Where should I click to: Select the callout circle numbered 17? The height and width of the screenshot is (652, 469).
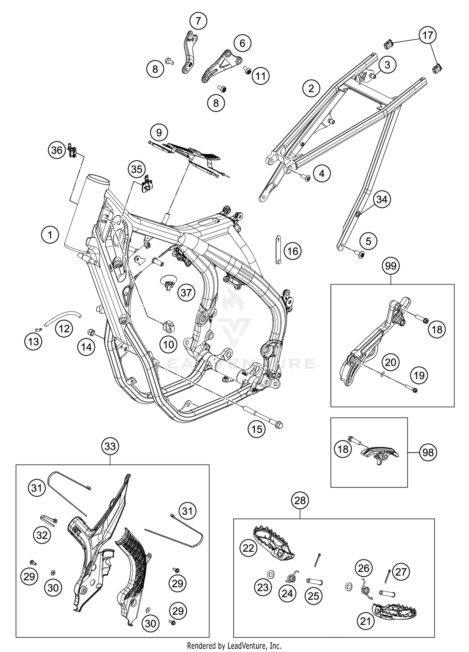coord(428,35)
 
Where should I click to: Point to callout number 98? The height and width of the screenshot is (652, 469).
coord(428,452)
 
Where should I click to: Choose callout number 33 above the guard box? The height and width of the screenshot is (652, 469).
coord(110,446)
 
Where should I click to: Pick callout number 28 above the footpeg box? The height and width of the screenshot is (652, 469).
coord(300,501)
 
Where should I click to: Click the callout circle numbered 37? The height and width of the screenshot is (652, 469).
coord(186,293)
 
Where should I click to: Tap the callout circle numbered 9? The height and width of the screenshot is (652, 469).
coord(159,133)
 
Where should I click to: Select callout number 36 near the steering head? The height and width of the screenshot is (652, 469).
coord(57,150)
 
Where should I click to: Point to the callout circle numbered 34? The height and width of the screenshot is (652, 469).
coord(382,199)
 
